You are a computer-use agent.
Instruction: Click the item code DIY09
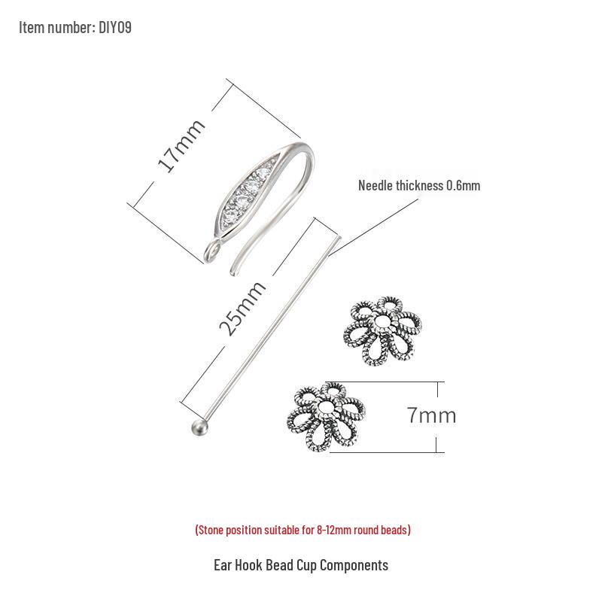click(115, 28)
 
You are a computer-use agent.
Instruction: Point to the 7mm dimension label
click(432, 415)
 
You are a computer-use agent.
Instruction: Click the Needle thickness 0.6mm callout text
click(418, 185)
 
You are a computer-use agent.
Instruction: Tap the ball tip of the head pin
click(197, 427)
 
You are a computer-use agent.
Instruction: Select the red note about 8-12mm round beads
click(303, 530)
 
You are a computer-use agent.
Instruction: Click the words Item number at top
click(56, 28)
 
